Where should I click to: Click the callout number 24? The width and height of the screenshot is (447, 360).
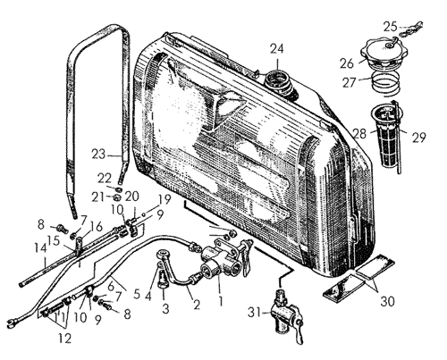tap(277, 48)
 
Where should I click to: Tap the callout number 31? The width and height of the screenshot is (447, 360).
tap(254, 313)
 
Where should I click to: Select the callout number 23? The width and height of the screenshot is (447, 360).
tap(98, 155)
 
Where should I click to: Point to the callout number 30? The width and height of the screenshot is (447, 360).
tap(387, 301)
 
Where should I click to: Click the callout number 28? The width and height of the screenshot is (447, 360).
tap(359, 134)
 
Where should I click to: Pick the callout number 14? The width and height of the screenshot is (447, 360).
tap(40, 248)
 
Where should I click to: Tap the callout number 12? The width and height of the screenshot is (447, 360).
tap(65, 339)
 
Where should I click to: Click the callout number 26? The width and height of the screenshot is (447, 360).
tap(347, 63)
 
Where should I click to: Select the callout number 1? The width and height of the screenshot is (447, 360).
tap(221, 301)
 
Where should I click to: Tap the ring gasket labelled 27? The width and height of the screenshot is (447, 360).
tap(386, 83)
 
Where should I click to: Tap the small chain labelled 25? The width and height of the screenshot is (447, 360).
tap(411, 29)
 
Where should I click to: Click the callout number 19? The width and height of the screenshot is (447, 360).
tap(165, 199)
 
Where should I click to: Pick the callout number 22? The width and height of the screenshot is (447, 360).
tap(105, 178)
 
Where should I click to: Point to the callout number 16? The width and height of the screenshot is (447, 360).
tap(97, 226)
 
